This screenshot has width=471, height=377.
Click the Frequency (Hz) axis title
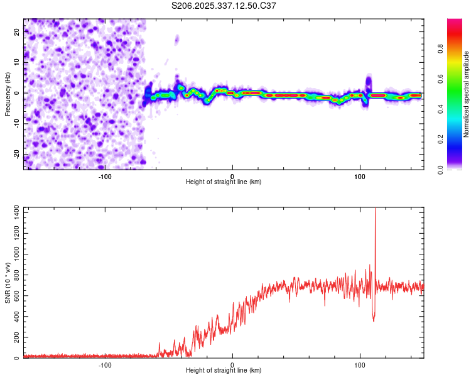point(8,94)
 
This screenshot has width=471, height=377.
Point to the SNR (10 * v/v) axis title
point(8,283)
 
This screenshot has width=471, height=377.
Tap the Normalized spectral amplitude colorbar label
point(467,94)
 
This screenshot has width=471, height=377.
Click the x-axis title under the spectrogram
point(224,182)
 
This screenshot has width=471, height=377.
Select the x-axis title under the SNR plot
point(224,371)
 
